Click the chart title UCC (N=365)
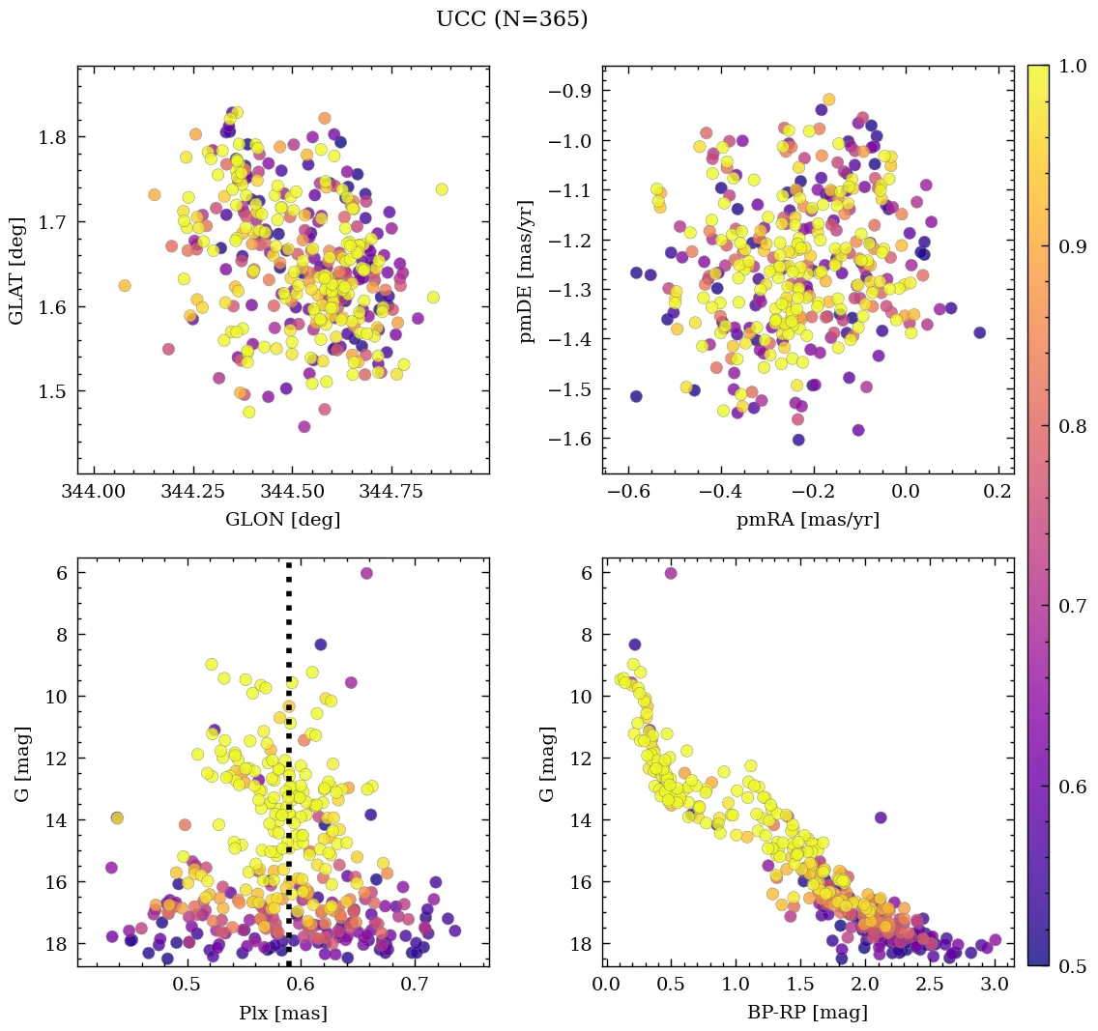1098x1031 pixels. (x=511, y=19)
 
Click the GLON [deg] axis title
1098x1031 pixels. (x=282, y=520)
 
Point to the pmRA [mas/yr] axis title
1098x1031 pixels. (x=808, y=520)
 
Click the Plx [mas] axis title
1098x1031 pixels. (x=282, y=1013)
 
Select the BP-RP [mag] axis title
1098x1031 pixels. (x=808, y=1013)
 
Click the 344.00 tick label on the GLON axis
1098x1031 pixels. (x=93, y=492)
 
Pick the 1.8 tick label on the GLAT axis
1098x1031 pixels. (x=51, y=137)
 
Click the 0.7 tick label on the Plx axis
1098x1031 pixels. (x=416, y=985)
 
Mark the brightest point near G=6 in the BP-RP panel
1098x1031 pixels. (x=671, y=573)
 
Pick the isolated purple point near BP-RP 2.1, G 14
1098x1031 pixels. (x=881, y=817)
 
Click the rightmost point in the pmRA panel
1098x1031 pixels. (x=979, y=332)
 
